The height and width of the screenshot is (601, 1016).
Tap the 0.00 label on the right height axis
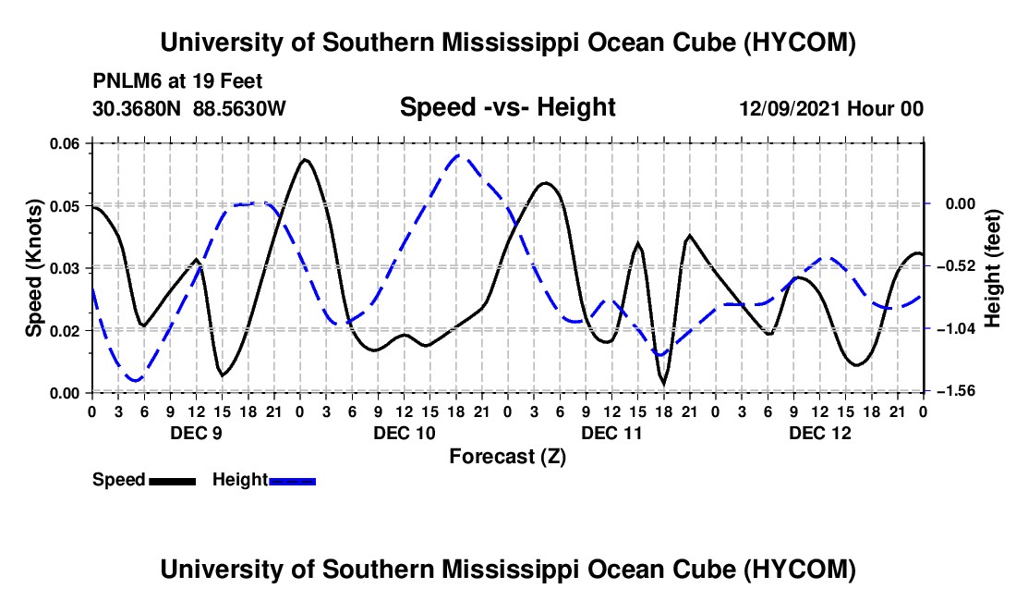[960, 204]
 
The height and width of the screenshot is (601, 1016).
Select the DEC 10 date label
[405, 433]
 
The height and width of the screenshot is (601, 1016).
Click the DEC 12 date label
[819, 433]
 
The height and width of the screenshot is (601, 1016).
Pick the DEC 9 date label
[197, 433]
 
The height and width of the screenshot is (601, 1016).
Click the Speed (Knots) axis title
[33, 268]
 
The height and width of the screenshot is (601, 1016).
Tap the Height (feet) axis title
[993, 268]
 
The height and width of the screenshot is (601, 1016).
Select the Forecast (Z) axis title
[507, 457]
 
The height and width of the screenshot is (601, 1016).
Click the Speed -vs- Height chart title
[507, 107]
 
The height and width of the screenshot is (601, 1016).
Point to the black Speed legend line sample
[173, 481]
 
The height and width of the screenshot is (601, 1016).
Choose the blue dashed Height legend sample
[292, 481]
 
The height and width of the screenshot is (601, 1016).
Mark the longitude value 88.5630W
[239, 108]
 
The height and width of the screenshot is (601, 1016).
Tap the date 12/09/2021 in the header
[790, 108]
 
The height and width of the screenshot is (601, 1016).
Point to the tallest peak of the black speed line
[305, 159]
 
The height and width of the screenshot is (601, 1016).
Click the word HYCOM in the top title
[800, 43]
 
